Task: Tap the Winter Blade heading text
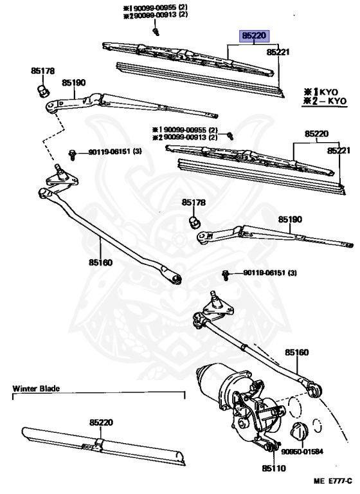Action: [x=35, y=389]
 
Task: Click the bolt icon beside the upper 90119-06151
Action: [x=73, y=154]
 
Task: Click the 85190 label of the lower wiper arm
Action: [x=289, y=219]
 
